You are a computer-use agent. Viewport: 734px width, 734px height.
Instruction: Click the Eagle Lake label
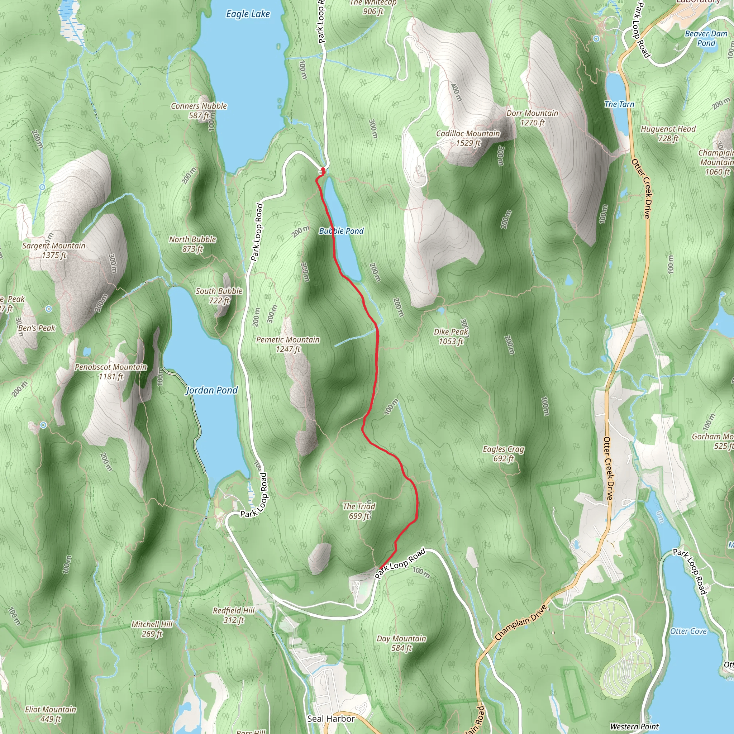point(248,14)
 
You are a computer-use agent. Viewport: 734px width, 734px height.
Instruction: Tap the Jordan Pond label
point(211,390)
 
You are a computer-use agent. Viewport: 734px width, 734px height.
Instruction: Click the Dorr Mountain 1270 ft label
point(532,118)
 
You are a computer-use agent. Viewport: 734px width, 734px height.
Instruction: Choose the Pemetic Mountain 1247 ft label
point(288,344)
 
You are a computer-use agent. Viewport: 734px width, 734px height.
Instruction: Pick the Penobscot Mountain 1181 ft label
point(110,372)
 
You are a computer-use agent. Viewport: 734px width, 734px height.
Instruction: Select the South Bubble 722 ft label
point(219,296)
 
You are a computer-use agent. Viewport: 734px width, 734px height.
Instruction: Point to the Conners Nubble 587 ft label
point(199,110)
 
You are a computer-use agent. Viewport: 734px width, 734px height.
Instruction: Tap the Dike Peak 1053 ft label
point(451,337)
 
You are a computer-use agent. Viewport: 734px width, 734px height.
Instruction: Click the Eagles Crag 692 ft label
point(504,454)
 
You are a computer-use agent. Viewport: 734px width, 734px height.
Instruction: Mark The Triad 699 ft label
point(359,511)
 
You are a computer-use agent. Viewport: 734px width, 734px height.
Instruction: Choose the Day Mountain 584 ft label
point(401,643)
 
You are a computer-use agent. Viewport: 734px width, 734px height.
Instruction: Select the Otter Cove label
point(688,631)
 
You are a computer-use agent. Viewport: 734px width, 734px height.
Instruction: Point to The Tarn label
point(619,104)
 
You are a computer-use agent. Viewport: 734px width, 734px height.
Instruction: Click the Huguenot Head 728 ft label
point(668,134)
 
